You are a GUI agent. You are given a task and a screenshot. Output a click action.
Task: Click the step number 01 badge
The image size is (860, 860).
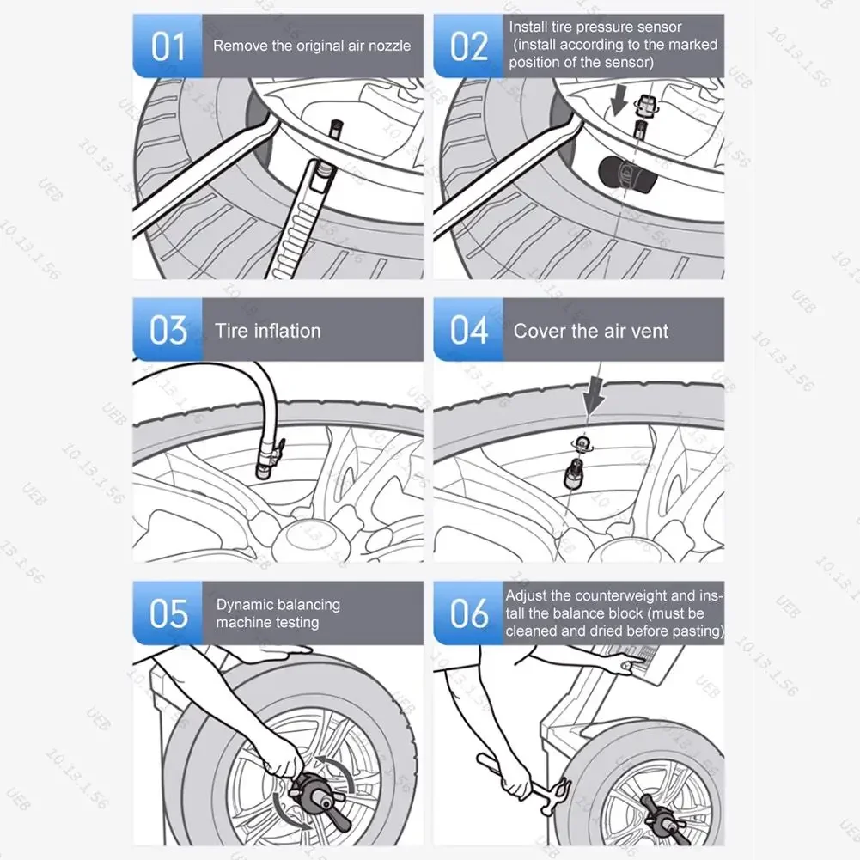(168, 46)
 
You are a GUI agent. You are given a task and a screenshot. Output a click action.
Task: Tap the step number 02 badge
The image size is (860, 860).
(468, 46)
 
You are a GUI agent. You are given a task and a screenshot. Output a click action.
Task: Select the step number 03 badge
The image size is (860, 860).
(168, 330)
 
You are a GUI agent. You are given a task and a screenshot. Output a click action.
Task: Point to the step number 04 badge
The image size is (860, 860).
(468, 330)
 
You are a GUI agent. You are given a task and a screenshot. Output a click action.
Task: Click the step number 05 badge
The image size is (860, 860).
(168, 613)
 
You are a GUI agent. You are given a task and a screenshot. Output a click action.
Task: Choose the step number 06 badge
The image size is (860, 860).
(468, 613)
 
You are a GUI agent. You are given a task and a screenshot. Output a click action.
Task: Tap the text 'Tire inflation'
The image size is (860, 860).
(267, 331)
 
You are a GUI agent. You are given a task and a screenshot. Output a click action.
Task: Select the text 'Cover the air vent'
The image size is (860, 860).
(590, 331)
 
